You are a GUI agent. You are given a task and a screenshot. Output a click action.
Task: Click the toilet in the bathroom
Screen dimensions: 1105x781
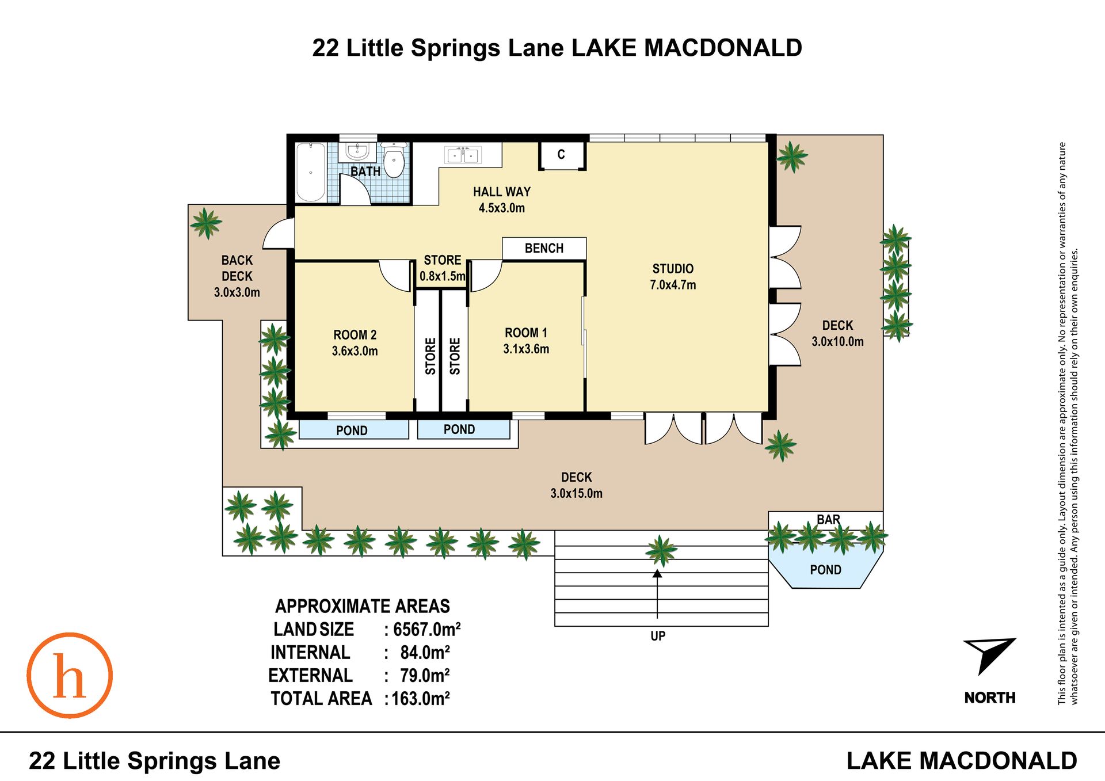[x=394, y=160]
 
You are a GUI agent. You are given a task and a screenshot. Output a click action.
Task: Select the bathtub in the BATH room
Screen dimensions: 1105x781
[x=311, y=172]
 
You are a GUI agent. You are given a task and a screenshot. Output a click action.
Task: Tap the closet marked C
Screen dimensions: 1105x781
[x=562, y=155]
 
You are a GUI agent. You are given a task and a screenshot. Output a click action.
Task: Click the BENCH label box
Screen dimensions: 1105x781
[x=544, y=248]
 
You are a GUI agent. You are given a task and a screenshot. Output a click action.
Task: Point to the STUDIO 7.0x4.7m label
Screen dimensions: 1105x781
[x=673, y=277]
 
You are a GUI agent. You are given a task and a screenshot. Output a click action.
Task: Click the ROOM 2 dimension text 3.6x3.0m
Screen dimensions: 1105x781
[x=355, y=351]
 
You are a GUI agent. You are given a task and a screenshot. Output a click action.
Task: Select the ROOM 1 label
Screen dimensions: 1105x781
[x=526, y=333]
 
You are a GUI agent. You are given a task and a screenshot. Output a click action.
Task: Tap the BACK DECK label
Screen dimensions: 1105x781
[x=237, y=268]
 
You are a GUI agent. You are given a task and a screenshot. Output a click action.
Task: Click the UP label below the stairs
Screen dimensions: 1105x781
[x=658, y=636]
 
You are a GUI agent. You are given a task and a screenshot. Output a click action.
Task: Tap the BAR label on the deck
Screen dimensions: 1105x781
[x=828, y=520]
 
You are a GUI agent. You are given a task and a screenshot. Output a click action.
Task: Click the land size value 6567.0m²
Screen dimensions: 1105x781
[x=426, y=630]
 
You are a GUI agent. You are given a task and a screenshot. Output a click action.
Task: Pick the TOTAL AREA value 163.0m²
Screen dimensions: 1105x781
[x=421, y=699]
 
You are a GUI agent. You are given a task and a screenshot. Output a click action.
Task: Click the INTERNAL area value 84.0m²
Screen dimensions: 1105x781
[x=425, y=653]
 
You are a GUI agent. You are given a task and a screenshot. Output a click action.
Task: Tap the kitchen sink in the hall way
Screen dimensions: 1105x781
[x=463, y=155]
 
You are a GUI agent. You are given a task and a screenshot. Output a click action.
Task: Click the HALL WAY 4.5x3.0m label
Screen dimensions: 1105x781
[x=502, y=200]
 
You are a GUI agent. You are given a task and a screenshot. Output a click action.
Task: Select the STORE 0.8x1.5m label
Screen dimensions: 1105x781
[x=443, y=268]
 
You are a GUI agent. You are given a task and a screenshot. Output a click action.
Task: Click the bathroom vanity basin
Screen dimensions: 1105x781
[x=357, y=153]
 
